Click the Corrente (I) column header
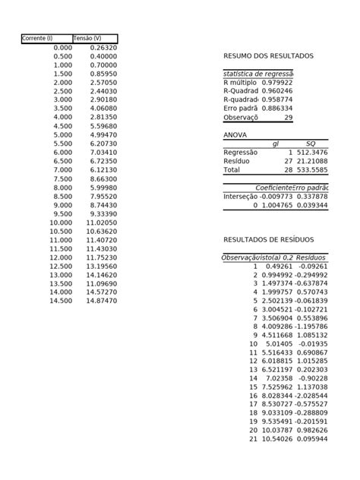(x=38, y=39)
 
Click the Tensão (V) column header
(x=87, y=39)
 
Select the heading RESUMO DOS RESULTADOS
(x=268, y=56)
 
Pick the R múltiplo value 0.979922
(x=277, y=82)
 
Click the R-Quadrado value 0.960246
(x=277, y=90)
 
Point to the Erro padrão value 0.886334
(x=277, y=108)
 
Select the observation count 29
(x=288, y=117)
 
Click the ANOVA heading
(x=235, y=134)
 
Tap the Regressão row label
(x=241, y=152)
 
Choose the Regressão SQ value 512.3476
(x=312, y=152)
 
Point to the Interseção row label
(x=241, y=196)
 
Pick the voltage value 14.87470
(x=102, y=301)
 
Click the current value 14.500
(x=62, y=301)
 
